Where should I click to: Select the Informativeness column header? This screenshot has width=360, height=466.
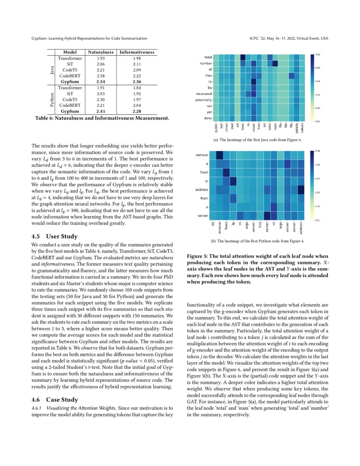coord(137,52)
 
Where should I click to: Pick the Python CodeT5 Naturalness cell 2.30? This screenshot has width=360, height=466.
coord(100,99)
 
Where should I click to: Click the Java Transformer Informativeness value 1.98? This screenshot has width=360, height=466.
coord(137,58)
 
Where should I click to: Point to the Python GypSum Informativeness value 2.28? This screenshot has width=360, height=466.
coord(137,111)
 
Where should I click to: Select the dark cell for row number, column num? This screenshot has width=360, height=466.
coord(275,64)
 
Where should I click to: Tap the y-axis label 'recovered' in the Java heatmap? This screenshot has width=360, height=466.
coord(204,94)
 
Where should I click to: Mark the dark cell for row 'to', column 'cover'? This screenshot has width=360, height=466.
coord(254,81)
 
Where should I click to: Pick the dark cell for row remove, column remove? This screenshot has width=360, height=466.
coord(219,155)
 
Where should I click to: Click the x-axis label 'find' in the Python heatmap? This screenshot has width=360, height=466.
coord(260,228)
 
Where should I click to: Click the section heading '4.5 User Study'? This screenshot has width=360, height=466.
coord(55,236)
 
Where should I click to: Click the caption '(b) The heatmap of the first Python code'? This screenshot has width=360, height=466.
coord(257,241)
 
